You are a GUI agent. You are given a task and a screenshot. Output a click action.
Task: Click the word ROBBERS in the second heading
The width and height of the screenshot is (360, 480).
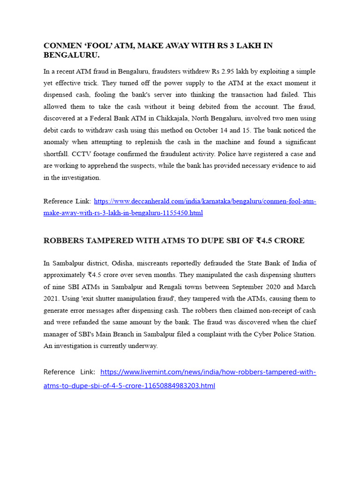pyautogui.click(x=63, y=240)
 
